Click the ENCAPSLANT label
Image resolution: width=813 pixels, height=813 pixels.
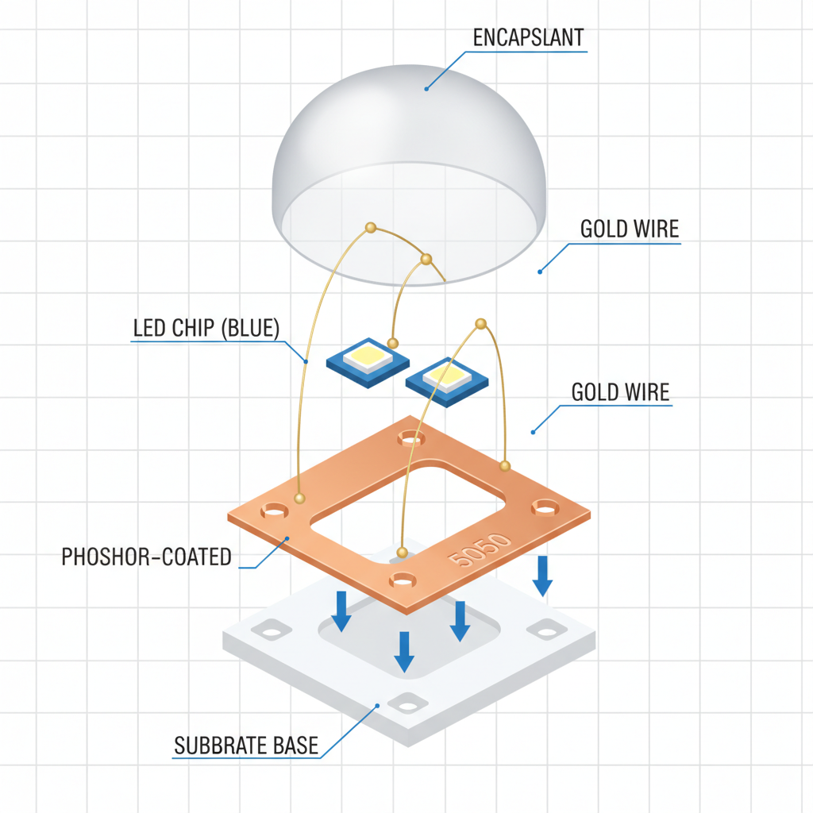tap(527, 38)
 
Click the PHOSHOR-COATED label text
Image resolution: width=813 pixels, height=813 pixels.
tap(147, 556)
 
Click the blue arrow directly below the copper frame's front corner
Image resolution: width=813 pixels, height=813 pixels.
tap(404, 651)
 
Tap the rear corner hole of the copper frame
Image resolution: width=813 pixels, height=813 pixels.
tap(410, 437)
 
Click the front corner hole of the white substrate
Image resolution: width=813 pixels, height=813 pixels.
tap(407, 703)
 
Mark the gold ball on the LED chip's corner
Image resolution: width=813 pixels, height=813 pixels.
tap(393, 342)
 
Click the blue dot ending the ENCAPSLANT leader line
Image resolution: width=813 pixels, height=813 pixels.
tap(426, 89)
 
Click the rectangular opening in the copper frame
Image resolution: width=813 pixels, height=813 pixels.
tap(409, 500)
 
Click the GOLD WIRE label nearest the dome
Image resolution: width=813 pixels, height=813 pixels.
tap(630, 229)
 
